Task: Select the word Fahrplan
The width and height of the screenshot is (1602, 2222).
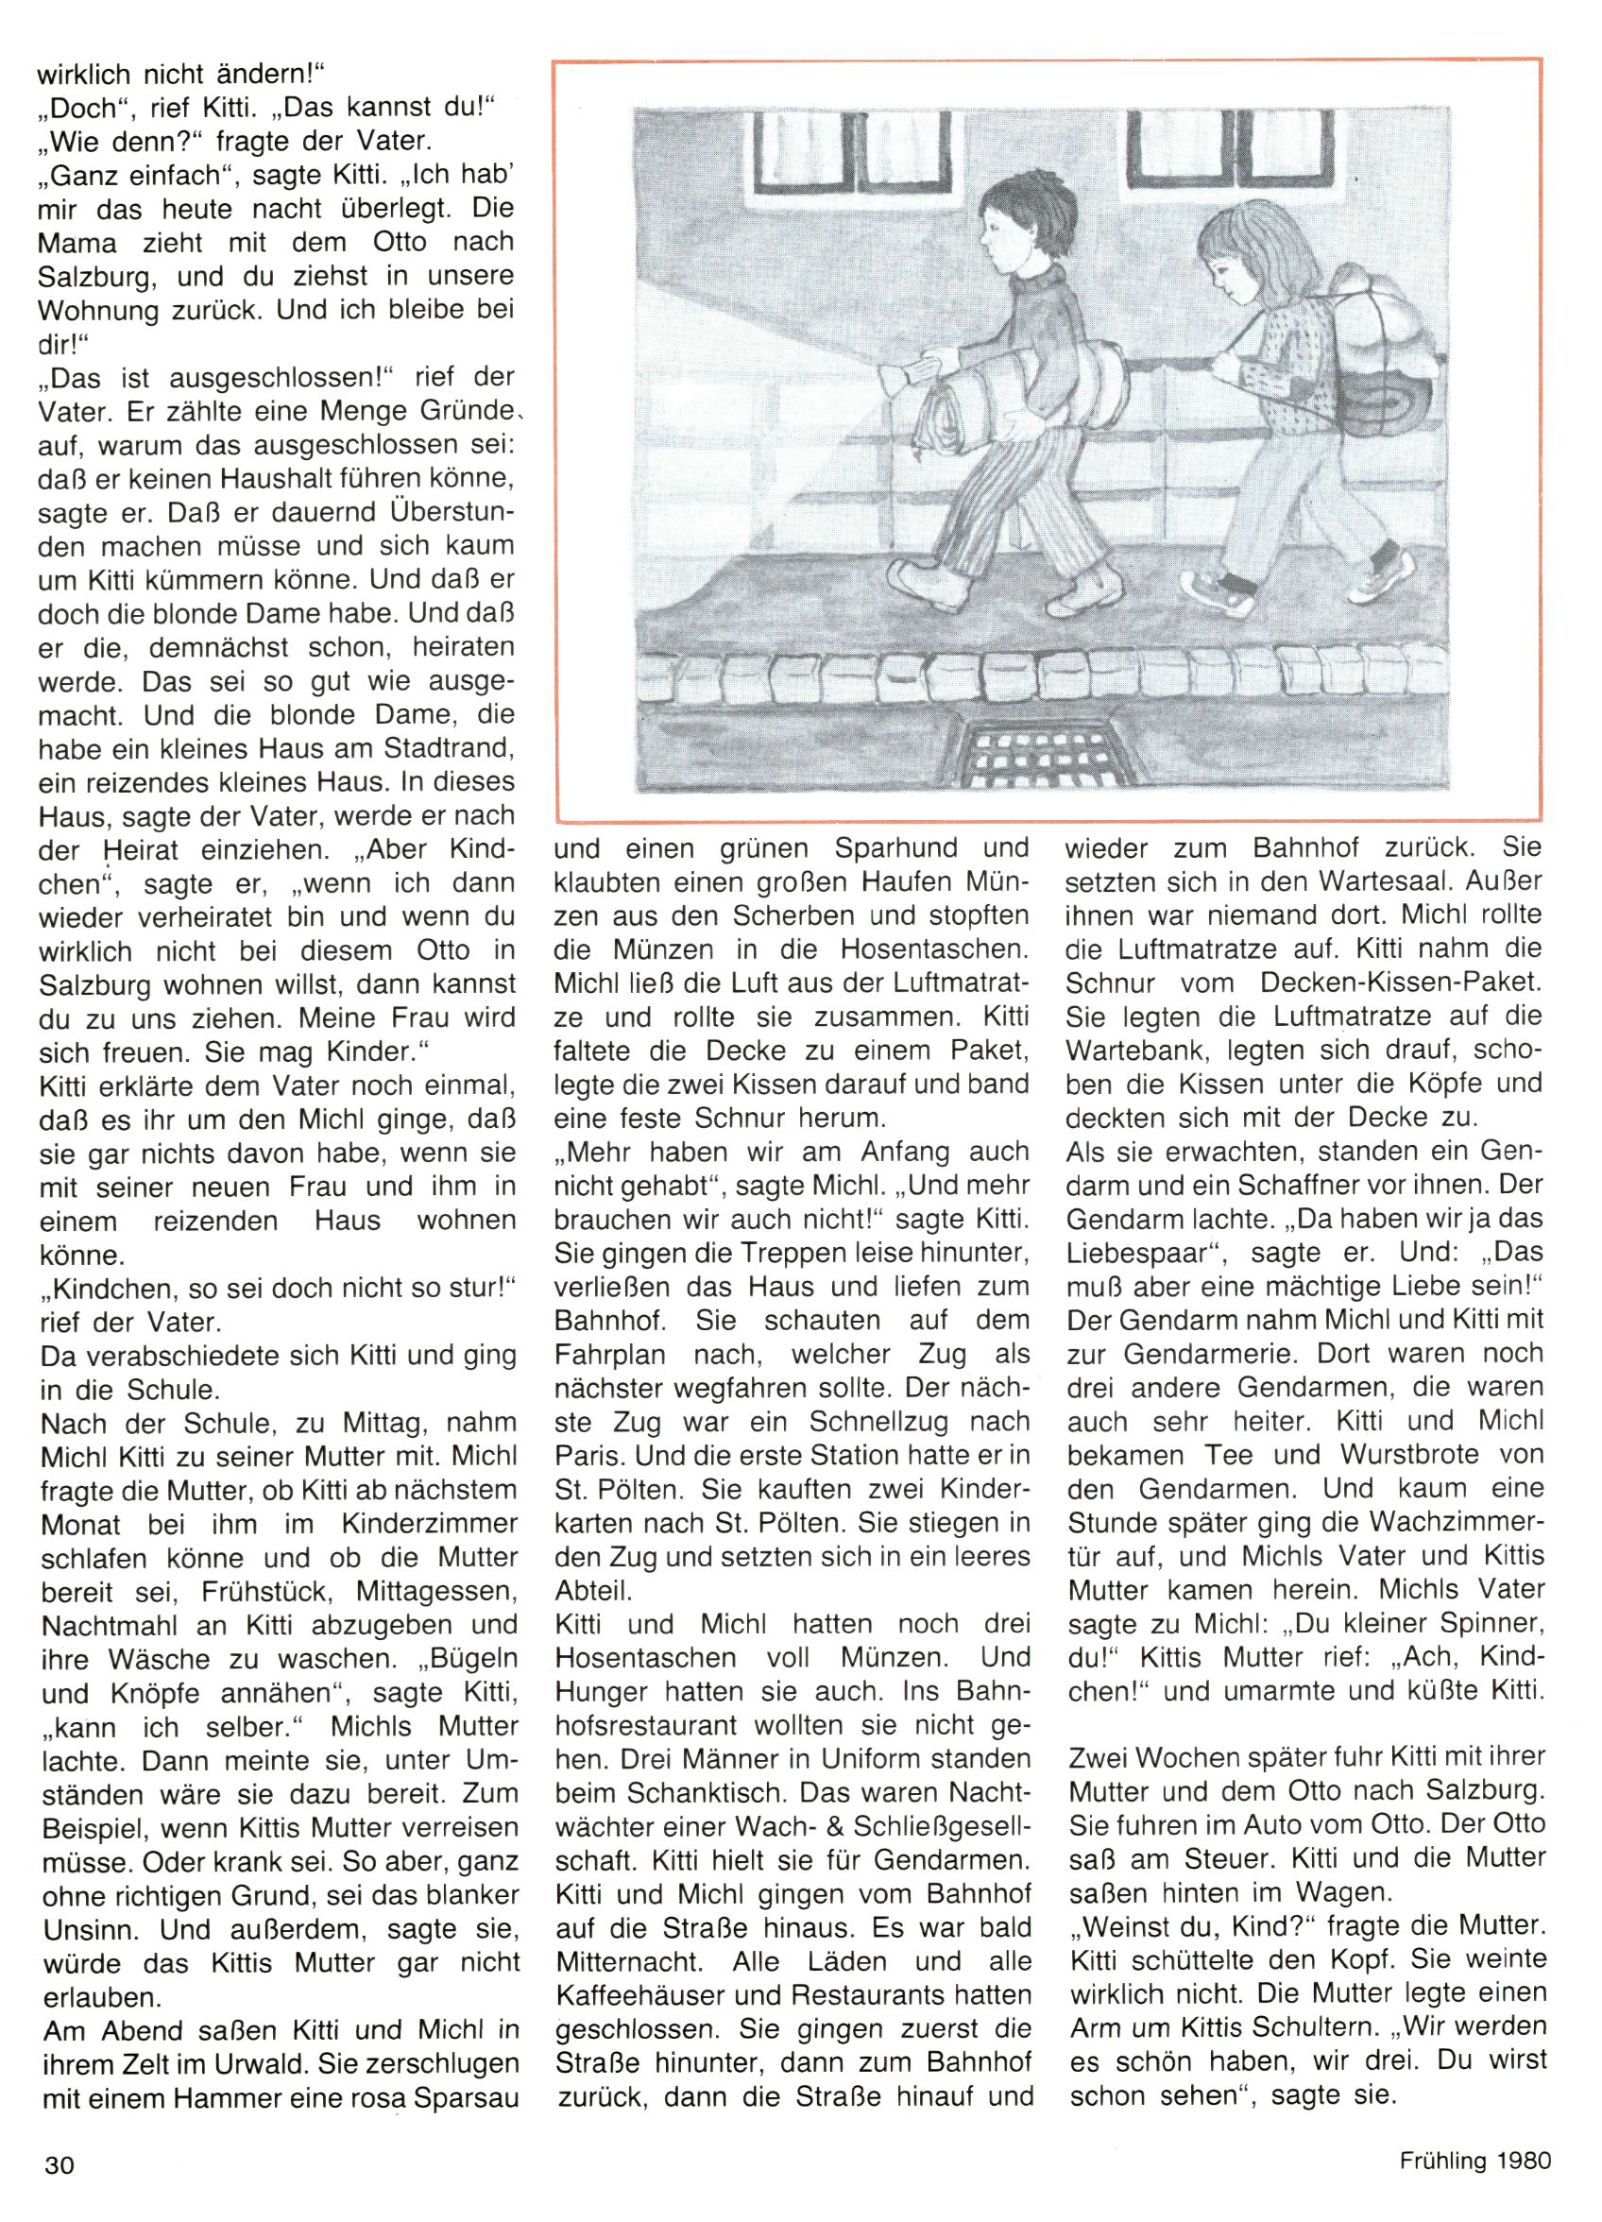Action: pyautogui.click(x=610, y=1354)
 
